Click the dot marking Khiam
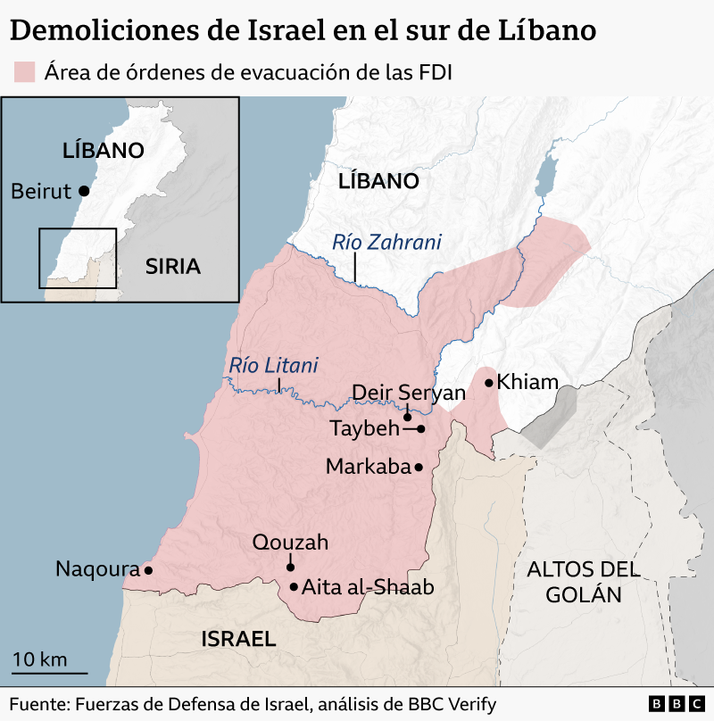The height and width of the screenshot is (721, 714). tap(488, 383)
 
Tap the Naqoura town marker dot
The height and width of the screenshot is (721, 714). tap(148, 570)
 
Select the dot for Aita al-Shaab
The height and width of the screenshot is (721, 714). tap(294, 587)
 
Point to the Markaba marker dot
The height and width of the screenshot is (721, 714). tap(418, 467)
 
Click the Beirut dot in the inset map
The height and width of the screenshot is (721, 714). tap(83, 190)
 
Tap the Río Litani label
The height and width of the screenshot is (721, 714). tap(273, 365)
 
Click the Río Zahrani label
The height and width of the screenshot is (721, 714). tap(386, 242)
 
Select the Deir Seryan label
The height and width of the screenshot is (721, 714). tap(409, 393)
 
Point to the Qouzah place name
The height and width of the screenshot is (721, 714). tap(290, 542)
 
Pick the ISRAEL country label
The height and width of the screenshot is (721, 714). tap(238, 638)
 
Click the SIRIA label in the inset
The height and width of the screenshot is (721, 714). tap(173, 266)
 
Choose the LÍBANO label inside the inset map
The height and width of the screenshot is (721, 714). tap(104, 150)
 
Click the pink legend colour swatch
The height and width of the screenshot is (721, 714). tap(24, 72)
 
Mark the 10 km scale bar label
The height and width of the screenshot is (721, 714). tap(40, 659)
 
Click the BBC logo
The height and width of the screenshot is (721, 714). tap(674, 704)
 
